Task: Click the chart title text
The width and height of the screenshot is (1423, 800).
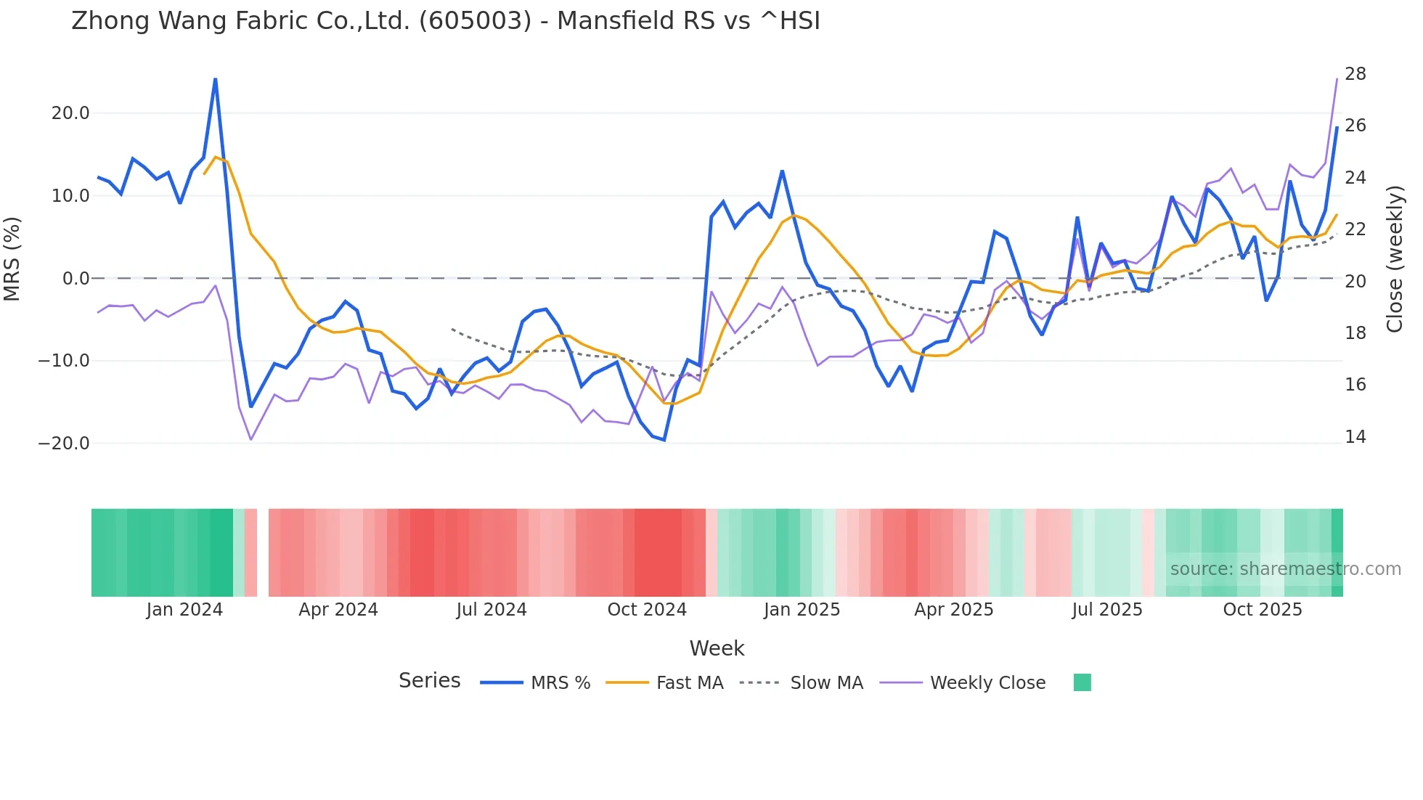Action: pos(446,21)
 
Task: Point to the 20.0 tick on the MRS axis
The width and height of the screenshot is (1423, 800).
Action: pos(70,113)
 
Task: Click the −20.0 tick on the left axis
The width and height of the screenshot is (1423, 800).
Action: pos(64,444)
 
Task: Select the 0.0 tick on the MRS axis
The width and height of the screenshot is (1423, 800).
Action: pos(76,279)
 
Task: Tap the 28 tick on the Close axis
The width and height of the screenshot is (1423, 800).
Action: pos(1355,74)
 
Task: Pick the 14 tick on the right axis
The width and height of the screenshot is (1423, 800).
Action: pos(1355,437)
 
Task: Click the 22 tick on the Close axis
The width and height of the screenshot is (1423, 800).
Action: pos(1355,229)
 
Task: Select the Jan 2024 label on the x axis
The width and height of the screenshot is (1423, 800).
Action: pos(184,610)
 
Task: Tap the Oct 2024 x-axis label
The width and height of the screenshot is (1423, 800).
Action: pos(647,610)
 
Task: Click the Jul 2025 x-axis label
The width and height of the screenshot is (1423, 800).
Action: pos(1107,610)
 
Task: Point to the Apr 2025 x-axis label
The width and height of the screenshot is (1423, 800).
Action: pos(953,610)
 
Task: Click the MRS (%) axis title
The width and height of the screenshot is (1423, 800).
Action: pos(12,259)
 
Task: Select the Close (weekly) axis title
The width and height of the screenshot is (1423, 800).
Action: pos(1395,259)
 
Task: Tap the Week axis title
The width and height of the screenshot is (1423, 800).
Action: pos(717,648)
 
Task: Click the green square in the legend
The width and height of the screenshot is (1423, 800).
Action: pos(1082,682)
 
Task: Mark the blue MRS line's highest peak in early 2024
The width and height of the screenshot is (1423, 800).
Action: pos(215,79)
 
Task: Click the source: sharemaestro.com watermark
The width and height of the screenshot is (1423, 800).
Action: pos(1285,569)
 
